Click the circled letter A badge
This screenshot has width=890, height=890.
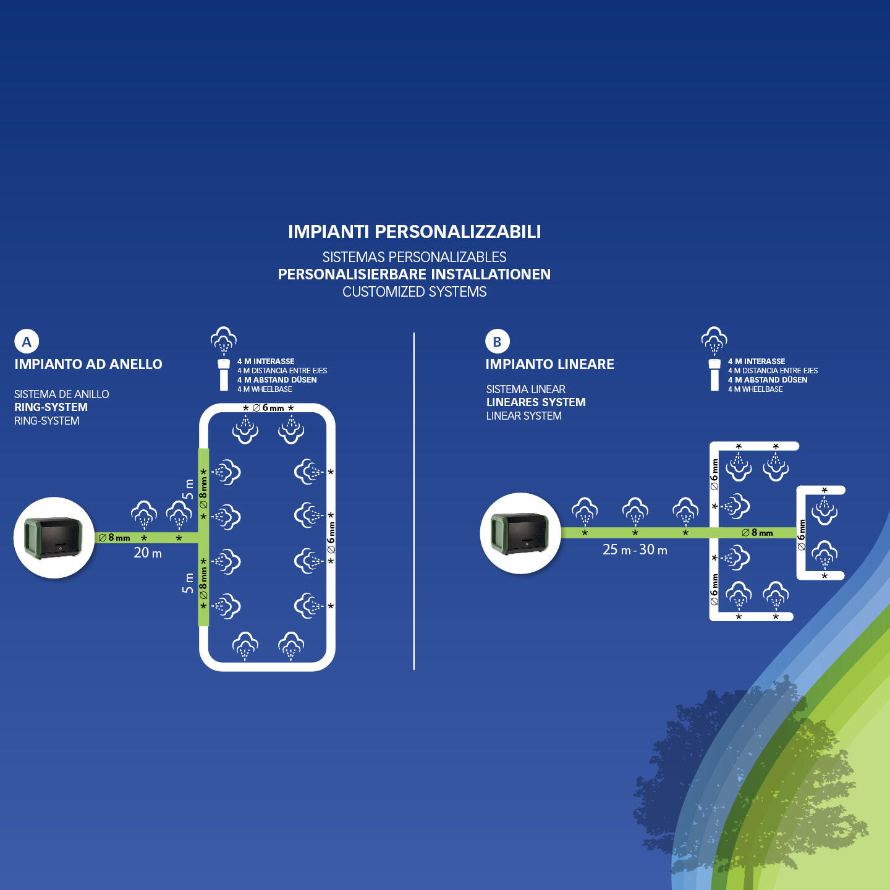pyautogui.click(x=27, y=341)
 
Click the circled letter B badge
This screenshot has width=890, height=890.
pyautogui.click(x=498, y=341)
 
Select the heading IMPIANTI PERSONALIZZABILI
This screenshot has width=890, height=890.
pyautogui.click(x=414, y=232)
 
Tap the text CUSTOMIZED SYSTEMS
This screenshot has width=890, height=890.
pyautogui.click(x=414, y=292)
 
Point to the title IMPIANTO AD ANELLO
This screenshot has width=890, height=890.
pyautogui.click(x=88, y=364)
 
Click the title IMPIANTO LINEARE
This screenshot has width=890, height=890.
pyautogui.click(x=549, y=364)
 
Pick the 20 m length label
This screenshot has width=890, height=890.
pyautogui.click(x=148, y=553)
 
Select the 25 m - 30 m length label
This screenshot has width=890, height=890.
pyautogui.click(x=635, y=549)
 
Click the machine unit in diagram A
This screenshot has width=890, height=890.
pyautogui.click(x=54, y=538)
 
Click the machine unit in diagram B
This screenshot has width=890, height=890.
pyautogui.click(x=520, y=533)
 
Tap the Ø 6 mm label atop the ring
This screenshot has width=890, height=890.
pyautogui.click(x=268, y=408)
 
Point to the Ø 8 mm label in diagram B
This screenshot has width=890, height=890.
pyautogui.click(x=757, y=532)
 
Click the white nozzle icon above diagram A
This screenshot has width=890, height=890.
pyautogui.click(x=224, y=374)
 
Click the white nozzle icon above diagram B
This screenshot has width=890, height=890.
pyautogui.click(x=714, y=374)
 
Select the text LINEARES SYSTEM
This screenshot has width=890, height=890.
pyautogui.click(x=536, y=402)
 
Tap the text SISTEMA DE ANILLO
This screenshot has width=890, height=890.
pyautogui.click(x=61, y=394)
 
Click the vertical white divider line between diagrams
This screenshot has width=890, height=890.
pyautogui.click(x=413, y=501)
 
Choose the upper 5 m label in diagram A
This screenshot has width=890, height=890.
pyautogui.click(x=188, y=489)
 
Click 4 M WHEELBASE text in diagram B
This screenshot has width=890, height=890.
pyautogui.click(x=755, y=389)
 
